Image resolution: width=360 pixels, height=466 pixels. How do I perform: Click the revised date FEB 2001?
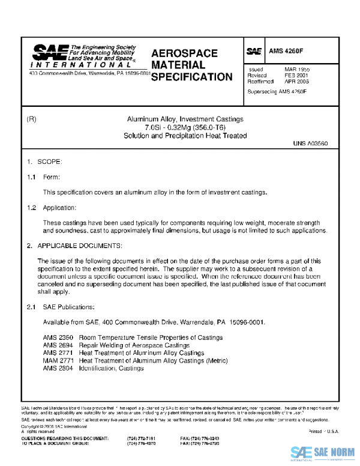(x=296, y=76)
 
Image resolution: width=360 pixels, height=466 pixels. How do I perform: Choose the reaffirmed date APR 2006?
(x=297, y=82)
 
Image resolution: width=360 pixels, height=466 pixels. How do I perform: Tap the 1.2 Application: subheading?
(x=51, y=207)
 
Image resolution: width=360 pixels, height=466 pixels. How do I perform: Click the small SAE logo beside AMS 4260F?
(x=254, y=52)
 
